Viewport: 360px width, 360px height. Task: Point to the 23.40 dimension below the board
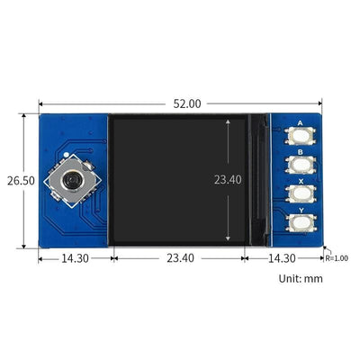point(180,258)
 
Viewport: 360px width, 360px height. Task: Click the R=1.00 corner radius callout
point(338,257)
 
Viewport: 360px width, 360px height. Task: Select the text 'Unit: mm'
point(300,278)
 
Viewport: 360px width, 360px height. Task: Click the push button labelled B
point(299,164)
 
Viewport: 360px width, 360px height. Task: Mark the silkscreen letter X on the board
point(299,181)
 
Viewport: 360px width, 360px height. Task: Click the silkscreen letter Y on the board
point(299,211)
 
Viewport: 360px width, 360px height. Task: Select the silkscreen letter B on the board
point(299,151)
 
